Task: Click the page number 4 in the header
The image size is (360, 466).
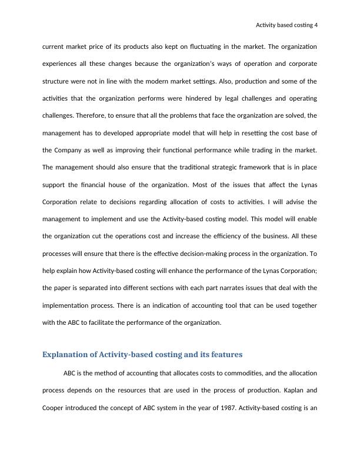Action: (x=315, y=25)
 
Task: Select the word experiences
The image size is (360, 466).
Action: (x=61, y=64)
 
